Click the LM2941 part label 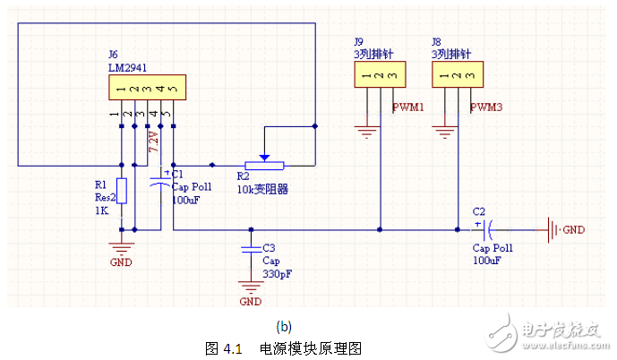pos(128,65)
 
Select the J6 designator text pos(114,54)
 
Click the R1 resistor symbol pos(122,191)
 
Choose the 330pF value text pos(278,273)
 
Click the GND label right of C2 pos(573,230)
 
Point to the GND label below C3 pos(251,302)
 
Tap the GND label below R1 pos(120,262)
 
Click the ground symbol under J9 pos(367,134)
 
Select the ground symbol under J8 pos(445,134)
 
